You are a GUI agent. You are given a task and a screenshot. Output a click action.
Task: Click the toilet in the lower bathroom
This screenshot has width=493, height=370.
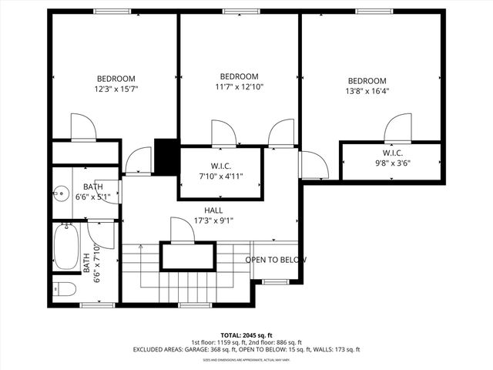(x=65, y=289)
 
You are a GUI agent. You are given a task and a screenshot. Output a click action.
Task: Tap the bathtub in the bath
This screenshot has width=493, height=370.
(x=66, y=245)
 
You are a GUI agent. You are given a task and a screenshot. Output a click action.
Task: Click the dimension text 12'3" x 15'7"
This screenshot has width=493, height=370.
(x=116, y=89)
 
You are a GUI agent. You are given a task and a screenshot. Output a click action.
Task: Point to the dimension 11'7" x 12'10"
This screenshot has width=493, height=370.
(x=239, y=87)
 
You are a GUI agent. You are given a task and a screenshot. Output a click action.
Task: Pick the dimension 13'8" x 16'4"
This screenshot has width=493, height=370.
(x=367, y=92)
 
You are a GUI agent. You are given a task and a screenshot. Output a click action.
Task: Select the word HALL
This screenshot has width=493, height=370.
(x=214, y=210)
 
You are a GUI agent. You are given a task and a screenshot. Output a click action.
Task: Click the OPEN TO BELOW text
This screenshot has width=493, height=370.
(x=276, y=260)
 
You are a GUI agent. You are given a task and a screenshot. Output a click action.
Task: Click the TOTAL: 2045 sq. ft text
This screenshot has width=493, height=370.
(x=246, y=335)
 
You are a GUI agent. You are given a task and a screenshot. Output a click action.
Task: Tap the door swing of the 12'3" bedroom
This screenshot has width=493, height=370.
(x=82, y=127)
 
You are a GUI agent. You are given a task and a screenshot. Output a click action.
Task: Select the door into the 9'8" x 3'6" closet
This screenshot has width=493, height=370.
(x=398, y=128)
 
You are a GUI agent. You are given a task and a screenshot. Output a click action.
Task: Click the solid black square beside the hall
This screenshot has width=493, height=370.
(x=166, y=156)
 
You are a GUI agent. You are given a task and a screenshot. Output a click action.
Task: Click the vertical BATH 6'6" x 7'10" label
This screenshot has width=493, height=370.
(x=92, y=262)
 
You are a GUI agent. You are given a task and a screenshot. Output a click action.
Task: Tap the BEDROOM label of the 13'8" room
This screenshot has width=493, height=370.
(x=367, y=81)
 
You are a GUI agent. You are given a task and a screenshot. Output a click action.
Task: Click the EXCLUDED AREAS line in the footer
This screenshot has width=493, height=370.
(x=246, y=349)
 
